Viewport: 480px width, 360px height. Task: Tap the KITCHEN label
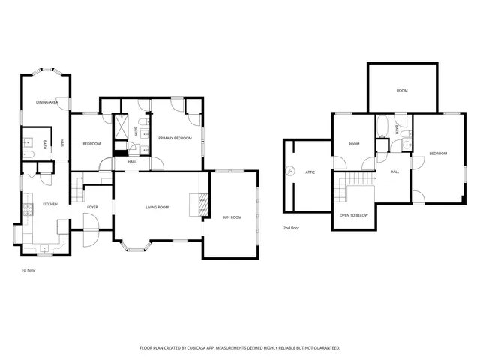coord(49,205)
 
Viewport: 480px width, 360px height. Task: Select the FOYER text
coord(92,207)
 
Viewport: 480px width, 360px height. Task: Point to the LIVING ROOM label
coord(157,207)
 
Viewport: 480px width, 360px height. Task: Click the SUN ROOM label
coord(232,217)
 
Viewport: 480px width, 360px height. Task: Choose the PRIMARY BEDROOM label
coord(175,138)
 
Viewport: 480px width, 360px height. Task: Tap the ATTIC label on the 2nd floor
coord(310,172)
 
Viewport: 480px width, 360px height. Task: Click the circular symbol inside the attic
coord(291,172)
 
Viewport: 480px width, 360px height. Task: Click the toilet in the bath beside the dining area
coord(28,154)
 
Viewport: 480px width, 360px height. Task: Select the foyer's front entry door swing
coord(88,228)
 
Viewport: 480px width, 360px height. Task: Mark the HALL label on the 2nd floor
coord(394,172)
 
